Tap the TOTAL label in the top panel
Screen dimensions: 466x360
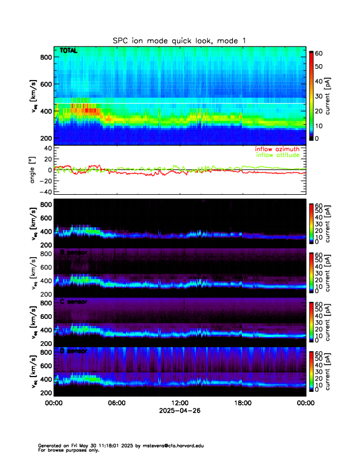coord(68,51)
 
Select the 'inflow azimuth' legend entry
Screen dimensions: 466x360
coord(277,149)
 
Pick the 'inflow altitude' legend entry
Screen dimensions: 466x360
coord(278,155)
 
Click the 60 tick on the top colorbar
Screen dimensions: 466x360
coord(321,54)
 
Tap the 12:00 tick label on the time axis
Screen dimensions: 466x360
coord(179,403)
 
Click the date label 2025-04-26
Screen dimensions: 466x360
coord(179,411)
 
